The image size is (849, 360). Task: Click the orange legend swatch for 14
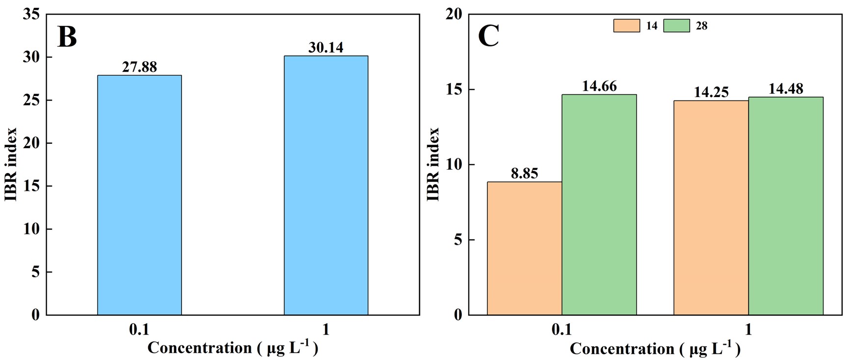[x=626, y=26]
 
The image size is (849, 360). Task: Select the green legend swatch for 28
[x=676, y=26]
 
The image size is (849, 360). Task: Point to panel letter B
[x=67, y=37]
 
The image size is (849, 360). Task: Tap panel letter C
[x=488, y=36]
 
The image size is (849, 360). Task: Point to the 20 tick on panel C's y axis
[x=453, y=14]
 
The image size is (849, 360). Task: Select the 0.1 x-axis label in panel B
[x=139, y=330]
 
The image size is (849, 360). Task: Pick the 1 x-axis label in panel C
[x=748, y=330]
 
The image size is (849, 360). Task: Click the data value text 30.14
[x=326, y=48]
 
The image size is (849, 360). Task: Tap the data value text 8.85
[x=524, y=173]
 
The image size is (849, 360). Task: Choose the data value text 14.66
[x=599, y=86]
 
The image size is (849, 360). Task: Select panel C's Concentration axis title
[x=655, y=348]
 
